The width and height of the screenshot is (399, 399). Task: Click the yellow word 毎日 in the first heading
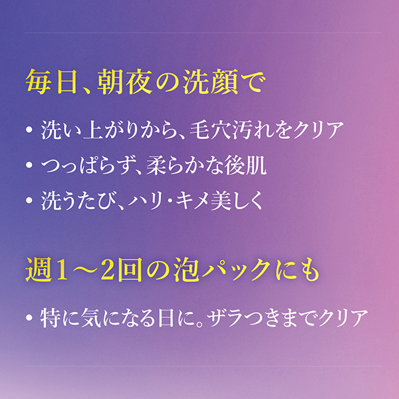click(51, 82)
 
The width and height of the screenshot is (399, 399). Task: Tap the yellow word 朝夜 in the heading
click(125, 82)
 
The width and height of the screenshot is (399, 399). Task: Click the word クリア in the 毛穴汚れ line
click(319, 130)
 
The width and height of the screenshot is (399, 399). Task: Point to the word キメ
click(192, 201)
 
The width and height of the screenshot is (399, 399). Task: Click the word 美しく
click(237, 201)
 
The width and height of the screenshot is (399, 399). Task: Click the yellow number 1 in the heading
click(61, 270)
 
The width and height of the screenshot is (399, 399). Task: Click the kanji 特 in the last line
click(51, 318)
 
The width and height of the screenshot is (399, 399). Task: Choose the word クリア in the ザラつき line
click(343, 318)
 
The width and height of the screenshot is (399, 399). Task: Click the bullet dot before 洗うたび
click(29, 201)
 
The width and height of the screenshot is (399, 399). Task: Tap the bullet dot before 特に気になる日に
click(29, 318)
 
